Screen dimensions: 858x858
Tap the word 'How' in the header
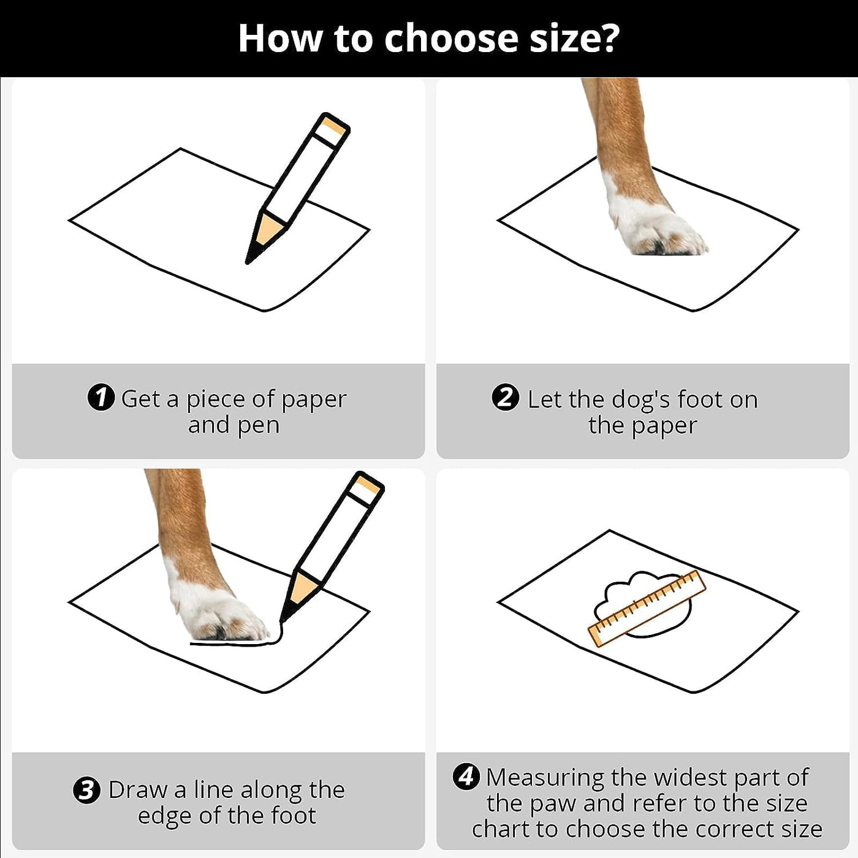tap(279, 38)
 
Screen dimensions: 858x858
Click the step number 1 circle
tap(101, 397)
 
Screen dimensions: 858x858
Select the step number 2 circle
tap(506, 397)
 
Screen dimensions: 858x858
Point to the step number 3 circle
tap(86, 791)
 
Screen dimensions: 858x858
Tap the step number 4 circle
tap(466, 778)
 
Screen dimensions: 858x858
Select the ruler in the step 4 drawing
tap(647, 608)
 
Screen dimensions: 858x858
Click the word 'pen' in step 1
tap(259, 425)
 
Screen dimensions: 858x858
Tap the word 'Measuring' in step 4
tap(545, 778)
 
